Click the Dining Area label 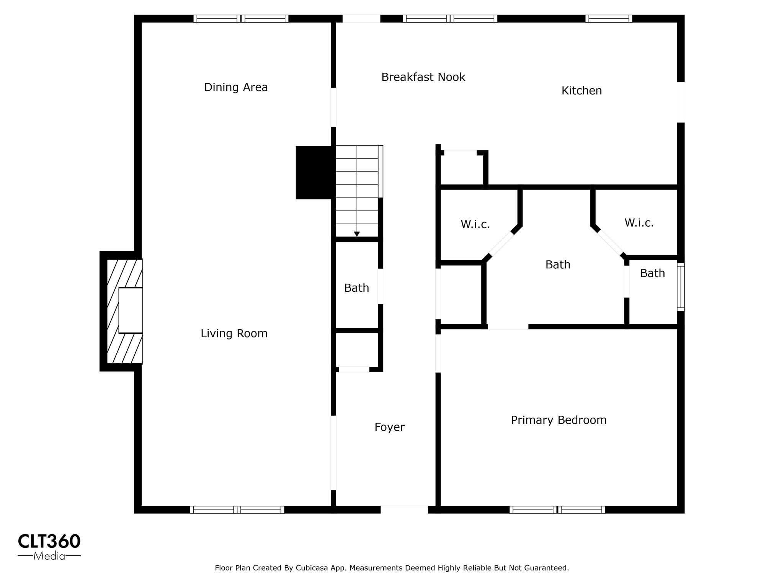tap(236, 87)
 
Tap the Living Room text tap(234, 333)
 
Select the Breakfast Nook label tap(423, 77)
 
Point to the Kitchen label tap(581, 91)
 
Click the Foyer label tap(389, 427)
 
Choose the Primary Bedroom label tap(559, 420)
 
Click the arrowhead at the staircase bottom tap(357, 234)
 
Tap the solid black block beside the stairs tap(314, 172)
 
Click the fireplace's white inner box tap(131, 310)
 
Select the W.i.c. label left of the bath tap(475, 224)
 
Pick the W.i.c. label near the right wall tap(639, 223)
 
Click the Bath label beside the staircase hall tap(356, 288)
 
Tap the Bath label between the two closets tap(558, 265)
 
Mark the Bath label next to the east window tap(652, 273)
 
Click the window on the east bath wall tap(681, 287)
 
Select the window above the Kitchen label tap(608, 19)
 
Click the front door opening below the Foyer tap(404, 510)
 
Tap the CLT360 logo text tap(49, 541)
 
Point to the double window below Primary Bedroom tap(557, 510)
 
